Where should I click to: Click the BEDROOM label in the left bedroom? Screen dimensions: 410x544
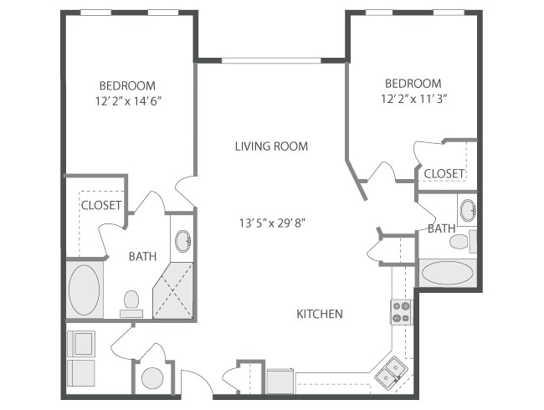pyautogui.click(x=127, y=85)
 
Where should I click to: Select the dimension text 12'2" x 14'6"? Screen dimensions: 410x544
pyautogui.click(x=127, y=100)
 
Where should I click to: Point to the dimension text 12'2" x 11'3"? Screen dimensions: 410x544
pyautogui.click(x=413, y=98)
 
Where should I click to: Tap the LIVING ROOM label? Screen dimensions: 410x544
pyautogui.click(x=271, y=146)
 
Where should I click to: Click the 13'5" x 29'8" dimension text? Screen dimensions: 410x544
pyautogui.click(x=271, y=223)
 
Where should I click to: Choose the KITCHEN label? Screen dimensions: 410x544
pyautogui.click(x=320, y=314)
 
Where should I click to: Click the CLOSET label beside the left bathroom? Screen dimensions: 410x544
pyautogui.click(x=101, y=205)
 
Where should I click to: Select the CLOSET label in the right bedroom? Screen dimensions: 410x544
pyautogui.click(x=444, y=173)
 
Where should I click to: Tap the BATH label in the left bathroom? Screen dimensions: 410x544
pyautogui.click(x=142, y=257)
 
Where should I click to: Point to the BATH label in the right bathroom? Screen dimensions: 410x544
pyautogui.click(x=441, y=228)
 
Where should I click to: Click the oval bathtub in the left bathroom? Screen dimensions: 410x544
pyautogui.click(x=85, y=290)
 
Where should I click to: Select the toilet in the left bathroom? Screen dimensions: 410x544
pyautogui.click(x=131, y=301)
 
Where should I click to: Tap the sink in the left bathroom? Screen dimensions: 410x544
pyautogui.click(x=183, y=241)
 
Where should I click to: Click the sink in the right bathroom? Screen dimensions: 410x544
pyautogui.click(x=468, y=209)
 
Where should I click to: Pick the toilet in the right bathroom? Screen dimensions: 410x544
pyautogui.click(x=459, y=243)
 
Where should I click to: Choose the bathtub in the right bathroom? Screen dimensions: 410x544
pyautogui.click(x=447, y=273)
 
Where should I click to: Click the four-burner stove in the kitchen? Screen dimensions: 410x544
pyautogui.click(x=401, y=311)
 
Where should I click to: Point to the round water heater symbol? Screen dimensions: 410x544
pyautogui.click(x=151, y=378)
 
